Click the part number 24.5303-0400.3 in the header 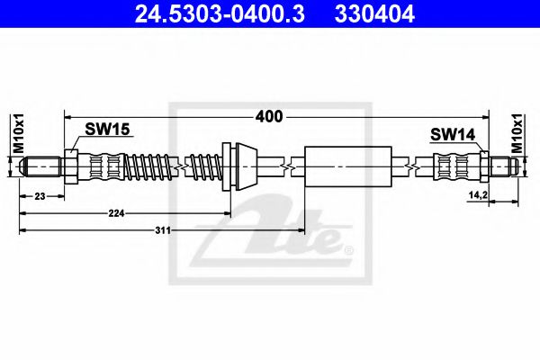(x=220, y=14)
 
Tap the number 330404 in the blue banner (x=374, y=14)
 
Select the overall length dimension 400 (x=268, y=117)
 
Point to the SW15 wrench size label (x=107, y=130)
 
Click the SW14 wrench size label (x=453, y=134)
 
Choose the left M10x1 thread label (x=19, y=133)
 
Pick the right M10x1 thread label (x=517, y=133)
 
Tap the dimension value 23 (x=40, y=196)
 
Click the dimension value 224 (x=116, y=213)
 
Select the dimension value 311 (x=163, y=230)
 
